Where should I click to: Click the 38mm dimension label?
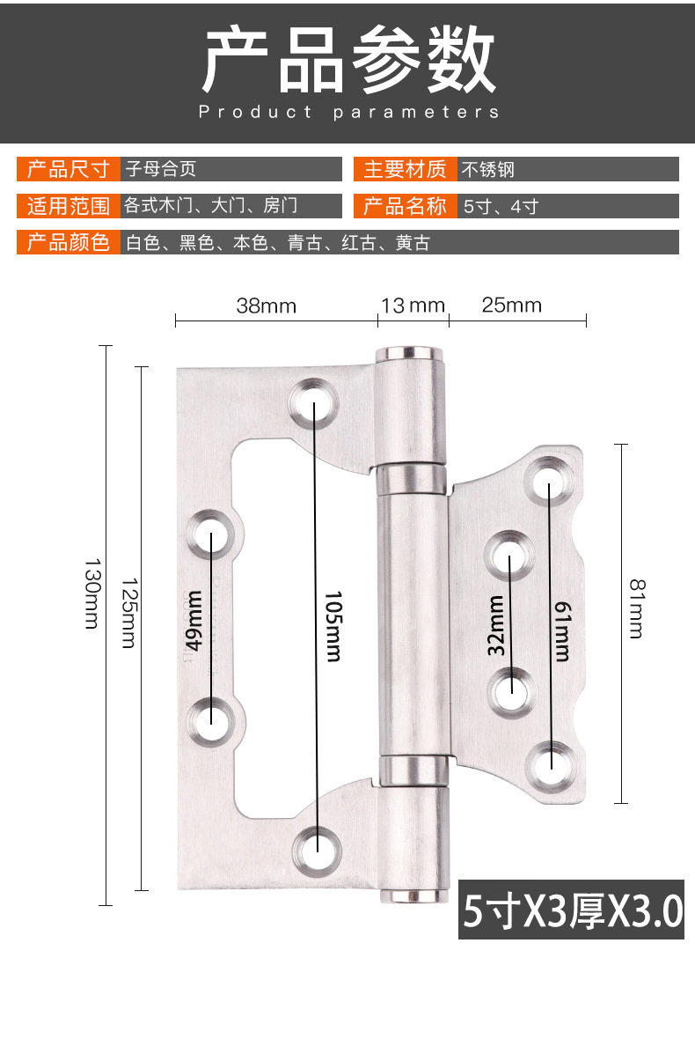[x=267, y=306]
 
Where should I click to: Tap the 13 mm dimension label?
[x=413, y=306]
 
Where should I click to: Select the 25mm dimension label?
[x=511, y=305]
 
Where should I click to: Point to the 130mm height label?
[x=92, y=593]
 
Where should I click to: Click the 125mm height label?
[x=129, y=613]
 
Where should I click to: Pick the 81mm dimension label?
[x=637, y=608]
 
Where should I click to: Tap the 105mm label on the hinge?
[x=334, y=626]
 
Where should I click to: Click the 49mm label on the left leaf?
[x=194, y=621]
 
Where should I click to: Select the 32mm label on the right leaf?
[x=495, y=626]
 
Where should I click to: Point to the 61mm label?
[x=562, y=631]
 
